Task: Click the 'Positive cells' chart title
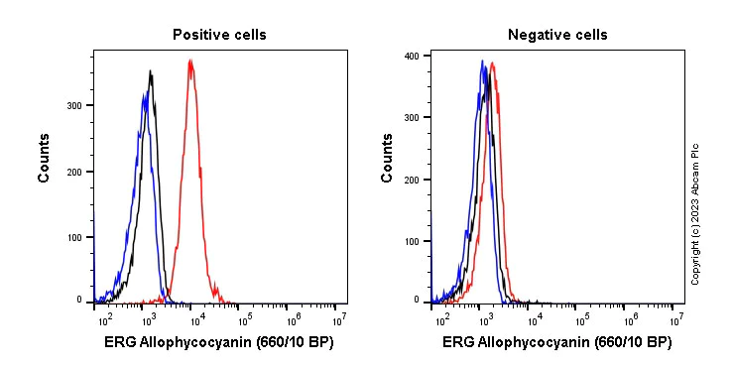point(219,35)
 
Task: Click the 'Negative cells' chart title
point(557,35)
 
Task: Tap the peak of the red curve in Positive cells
point(190,61)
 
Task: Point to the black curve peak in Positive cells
point(150,71)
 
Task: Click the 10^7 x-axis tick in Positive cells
point(339,319)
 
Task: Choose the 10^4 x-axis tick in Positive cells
point(196,319)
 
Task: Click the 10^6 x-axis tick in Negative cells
point(629,319)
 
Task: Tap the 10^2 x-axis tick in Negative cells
point(438,319)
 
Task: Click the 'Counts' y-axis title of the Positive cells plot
point(45,159)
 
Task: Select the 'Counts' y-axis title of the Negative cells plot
point(387,159)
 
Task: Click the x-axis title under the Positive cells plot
point(219,343)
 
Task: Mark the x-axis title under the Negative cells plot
point(557,343)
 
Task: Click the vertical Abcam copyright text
point(695,213)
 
